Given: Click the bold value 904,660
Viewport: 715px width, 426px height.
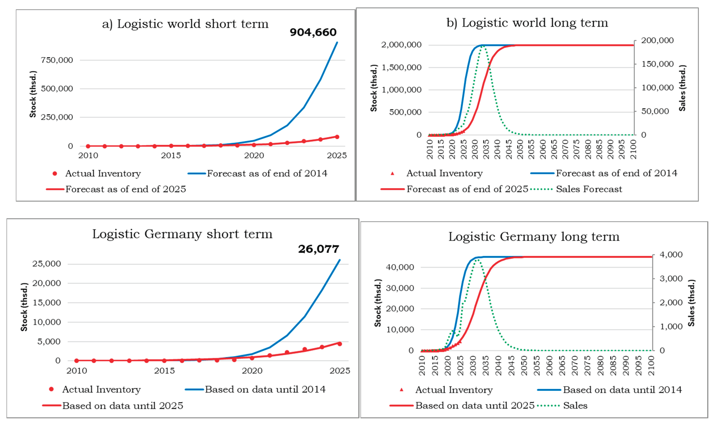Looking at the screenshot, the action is click(x=313, y=32).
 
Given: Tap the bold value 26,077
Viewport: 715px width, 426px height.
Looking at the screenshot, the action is click(x=318, y=249).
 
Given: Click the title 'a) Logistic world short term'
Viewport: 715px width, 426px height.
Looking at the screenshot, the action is click(x=185, y=24).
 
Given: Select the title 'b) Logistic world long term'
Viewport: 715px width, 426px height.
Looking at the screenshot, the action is click(x=527, y=23).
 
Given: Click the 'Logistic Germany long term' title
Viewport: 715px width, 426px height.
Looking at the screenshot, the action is click(x=534, y=237).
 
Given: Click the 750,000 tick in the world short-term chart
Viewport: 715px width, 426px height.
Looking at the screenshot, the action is click(x=57, y=60).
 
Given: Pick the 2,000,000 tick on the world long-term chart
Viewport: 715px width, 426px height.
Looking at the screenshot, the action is click(x=401, y=45).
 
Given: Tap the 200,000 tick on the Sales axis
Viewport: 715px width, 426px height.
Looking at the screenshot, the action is click(x=657, y=41).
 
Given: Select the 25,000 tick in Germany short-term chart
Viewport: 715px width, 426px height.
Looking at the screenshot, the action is click(x=46, y=264).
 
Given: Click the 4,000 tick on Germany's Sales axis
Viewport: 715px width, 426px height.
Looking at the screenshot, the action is click(x=671, y=255).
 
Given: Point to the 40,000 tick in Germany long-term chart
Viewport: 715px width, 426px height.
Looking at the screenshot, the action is click(x=400, y=267).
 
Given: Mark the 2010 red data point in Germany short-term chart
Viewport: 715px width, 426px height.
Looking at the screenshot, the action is click(x=77, y=361).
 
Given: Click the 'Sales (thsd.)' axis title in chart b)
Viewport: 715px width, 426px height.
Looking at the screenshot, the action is click(x=682, y=88).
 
